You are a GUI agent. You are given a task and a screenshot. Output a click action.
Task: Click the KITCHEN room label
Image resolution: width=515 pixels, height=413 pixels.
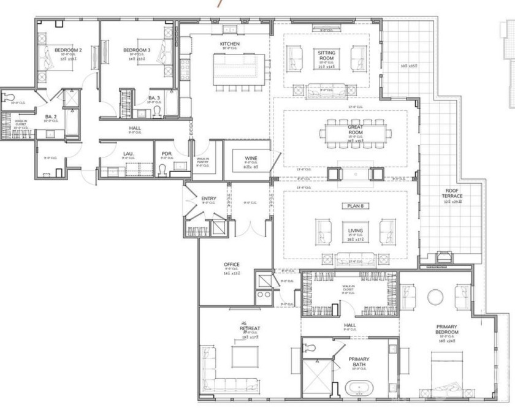pos(230,44)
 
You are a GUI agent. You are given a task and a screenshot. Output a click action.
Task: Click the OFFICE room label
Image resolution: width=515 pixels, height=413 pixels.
pos(232,265)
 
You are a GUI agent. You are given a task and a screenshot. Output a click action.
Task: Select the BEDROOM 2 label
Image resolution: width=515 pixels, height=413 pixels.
pos(68,50)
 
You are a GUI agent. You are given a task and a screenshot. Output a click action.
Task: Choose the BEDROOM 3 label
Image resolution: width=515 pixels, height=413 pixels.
pos(136,50)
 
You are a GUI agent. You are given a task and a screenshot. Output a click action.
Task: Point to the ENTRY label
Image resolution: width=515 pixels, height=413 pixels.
pos(209,199)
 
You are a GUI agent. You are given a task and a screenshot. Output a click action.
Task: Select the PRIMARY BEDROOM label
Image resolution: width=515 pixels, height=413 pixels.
pos(447,330)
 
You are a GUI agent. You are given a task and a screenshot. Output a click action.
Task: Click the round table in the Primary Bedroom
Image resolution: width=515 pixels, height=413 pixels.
pos(435,297)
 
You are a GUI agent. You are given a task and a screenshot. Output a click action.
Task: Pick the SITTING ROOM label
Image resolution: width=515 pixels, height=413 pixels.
pos(326,56)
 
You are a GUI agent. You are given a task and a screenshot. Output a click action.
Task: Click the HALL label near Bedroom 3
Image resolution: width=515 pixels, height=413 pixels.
pos(135,128)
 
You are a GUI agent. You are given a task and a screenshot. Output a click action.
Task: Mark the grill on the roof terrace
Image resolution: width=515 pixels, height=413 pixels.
pos(443,257)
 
